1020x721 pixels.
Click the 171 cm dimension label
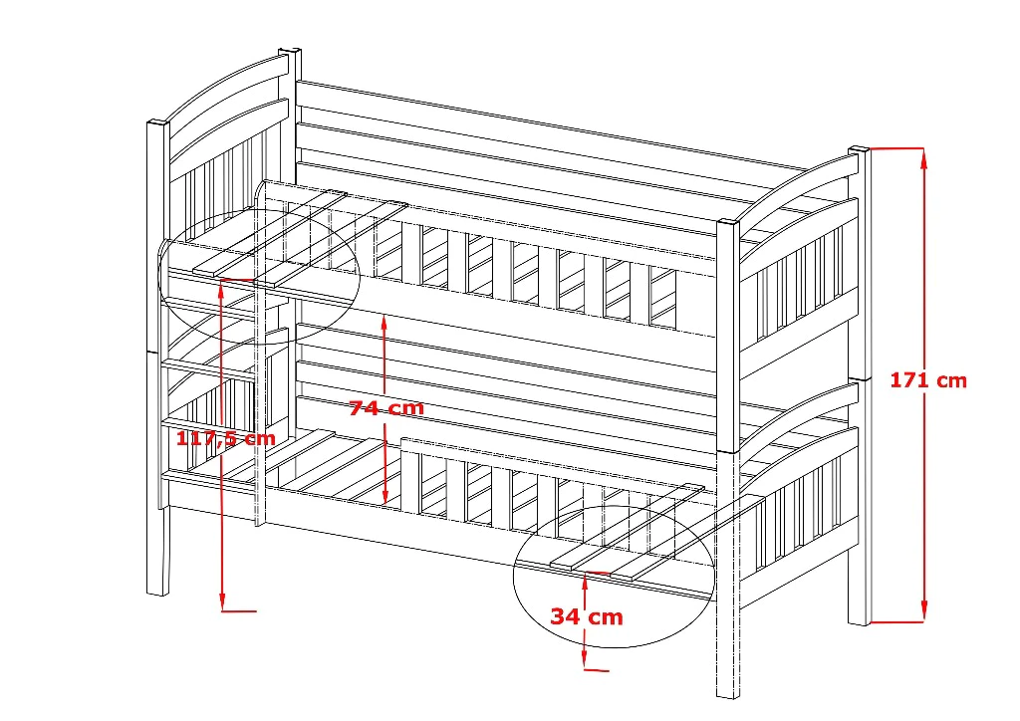click(x=928, y=379)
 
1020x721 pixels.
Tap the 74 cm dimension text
click(x=386, y=408)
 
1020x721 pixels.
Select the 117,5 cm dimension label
click(x=226, y=437)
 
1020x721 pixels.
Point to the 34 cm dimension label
click(x=587, y=616)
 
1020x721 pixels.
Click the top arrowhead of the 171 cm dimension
click(x=923, y=156)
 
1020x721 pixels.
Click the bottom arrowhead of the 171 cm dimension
click(x=923, y=613)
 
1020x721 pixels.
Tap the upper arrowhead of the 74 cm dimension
click(x=384, y=322)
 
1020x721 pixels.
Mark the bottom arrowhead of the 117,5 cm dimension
click(x=222, y=602)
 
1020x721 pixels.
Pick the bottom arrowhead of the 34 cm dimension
click(x=585, y=660)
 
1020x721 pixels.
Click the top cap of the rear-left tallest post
click(x=290, y=52)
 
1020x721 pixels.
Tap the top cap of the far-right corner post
click(x=860, y=150)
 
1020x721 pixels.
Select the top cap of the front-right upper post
click(x=728, y=223)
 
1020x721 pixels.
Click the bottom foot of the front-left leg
click(x=157, y=593)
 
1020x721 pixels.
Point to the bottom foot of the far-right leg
click(x=859, y=621)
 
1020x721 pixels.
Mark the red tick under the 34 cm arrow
click(x=598, y=669)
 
